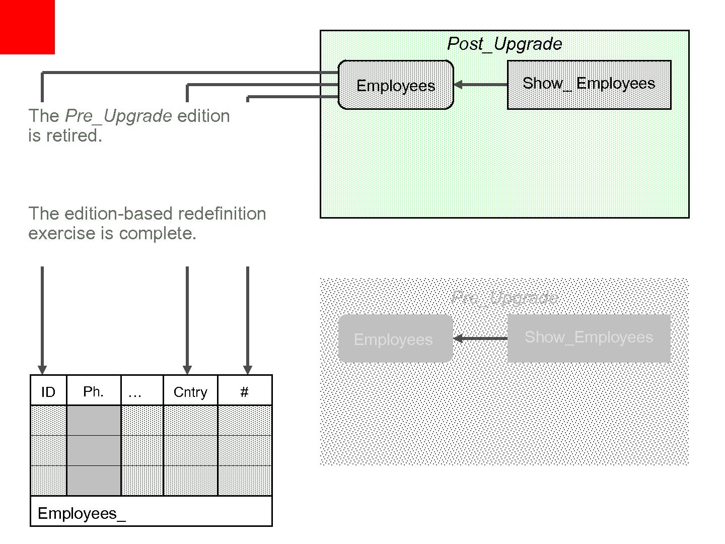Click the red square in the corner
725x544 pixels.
27,27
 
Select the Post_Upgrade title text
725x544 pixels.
504,44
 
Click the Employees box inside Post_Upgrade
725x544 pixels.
396,85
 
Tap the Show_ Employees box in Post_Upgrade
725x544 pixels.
589,84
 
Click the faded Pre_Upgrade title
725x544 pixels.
504,298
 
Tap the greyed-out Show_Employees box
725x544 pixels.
589,337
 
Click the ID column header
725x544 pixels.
48,391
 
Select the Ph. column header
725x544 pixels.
94,391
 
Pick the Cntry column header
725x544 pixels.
190,391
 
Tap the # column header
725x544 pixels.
245,391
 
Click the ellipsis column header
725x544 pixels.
135,391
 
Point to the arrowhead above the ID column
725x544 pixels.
42,370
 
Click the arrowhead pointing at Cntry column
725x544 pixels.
187,370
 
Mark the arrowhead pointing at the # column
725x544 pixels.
247,370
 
